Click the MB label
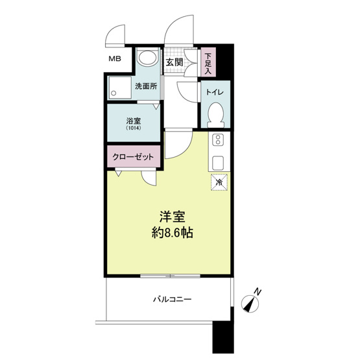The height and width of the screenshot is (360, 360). coord(115,59)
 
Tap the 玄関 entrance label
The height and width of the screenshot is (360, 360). coord(174,62)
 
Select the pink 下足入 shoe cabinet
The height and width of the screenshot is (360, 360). coord(208,62)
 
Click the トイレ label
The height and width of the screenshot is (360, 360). coord(215,92)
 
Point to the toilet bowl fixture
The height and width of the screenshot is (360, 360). coord(215,115)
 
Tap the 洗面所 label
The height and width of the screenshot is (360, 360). coord(146,86)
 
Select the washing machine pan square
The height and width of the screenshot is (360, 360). coord(120,88)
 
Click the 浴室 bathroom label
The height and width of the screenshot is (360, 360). coord(134,121)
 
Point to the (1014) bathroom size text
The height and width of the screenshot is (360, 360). coord(134,128)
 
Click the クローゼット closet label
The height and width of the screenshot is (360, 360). coord(133,157)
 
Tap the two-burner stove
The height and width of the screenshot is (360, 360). coord(218,140)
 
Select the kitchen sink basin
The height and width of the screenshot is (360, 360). coord(218,163)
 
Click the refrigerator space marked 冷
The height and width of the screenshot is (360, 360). coord(219,182)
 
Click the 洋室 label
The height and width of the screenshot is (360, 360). coord(173,216)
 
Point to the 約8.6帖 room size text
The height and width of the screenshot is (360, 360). coord(172,233)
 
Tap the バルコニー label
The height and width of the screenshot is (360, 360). coord(172,300)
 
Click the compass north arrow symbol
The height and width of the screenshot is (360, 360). coord(250,304)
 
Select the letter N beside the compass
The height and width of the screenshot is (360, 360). coord(258,292)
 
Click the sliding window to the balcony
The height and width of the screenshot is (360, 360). coord(170,276)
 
